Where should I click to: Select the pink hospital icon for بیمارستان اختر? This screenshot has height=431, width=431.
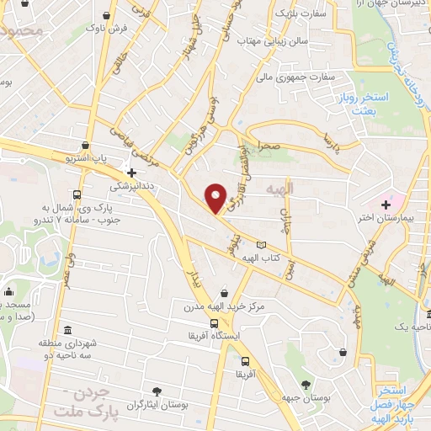[386, 204]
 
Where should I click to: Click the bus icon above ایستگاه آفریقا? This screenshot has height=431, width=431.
[215, 322]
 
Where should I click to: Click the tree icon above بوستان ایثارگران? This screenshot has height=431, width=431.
[157, 390]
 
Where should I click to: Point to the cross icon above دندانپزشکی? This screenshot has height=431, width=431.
[131, 172]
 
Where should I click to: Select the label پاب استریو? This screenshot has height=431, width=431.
[88, 157]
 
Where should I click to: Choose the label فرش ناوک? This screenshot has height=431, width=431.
[105, 29]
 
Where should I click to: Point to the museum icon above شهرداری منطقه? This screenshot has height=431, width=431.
[67, 329]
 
